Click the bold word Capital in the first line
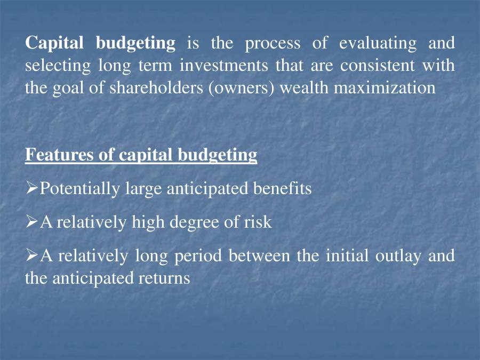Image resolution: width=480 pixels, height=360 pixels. [x=55, y=43]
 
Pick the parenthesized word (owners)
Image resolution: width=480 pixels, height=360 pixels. [x=241, y=88]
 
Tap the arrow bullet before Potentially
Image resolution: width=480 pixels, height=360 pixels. [x=31, y=188]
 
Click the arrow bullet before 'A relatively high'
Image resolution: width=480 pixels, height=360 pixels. [x=31, y=222]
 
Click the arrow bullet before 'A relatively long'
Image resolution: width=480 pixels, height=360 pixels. [x=31, y=255]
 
